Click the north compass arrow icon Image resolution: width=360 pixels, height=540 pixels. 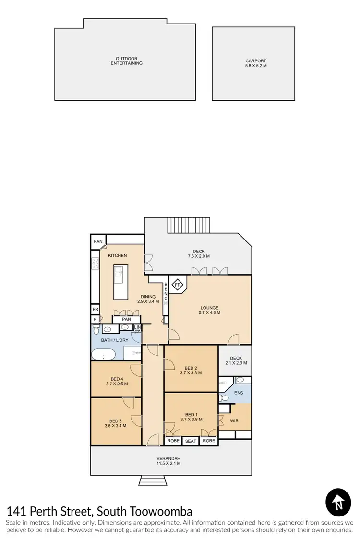338,502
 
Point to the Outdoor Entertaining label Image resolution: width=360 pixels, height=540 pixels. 127,61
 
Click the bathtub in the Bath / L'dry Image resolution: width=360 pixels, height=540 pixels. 103,355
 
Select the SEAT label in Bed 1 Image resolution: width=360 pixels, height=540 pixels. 191,441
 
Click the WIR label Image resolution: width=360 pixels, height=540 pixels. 234,421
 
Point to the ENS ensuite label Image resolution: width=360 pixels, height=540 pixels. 239,393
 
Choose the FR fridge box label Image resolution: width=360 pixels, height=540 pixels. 95,310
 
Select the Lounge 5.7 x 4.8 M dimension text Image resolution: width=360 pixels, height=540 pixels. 210,313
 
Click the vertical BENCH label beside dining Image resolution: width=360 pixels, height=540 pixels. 166,294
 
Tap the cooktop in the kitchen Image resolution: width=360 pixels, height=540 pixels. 95,263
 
